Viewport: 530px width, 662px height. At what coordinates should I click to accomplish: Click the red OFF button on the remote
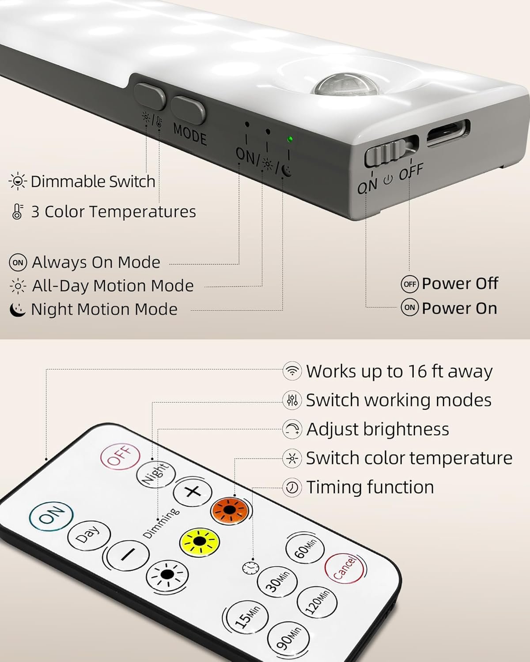point(121,457)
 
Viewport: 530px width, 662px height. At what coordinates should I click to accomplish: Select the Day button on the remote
point(89,536)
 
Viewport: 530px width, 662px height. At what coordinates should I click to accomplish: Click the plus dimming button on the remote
point(193,492)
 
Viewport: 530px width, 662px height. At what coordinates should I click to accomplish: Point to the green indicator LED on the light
point(289,139)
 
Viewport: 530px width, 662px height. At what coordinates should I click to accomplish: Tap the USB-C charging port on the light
point(448,133)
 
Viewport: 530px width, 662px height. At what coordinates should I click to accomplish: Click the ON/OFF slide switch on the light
point(386,152)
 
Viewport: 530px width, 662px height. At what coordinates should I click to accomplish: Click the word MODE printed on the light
point(190,134)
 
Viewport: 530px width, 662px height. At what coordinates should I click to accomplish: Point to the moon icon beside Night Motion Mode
point(18,309)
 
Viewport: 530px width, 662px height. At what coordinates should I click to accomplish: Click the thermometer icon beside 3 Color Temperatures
point(18,212)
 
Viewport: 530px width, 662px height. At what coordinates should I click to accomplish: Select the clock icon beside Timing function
point(291,487)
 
